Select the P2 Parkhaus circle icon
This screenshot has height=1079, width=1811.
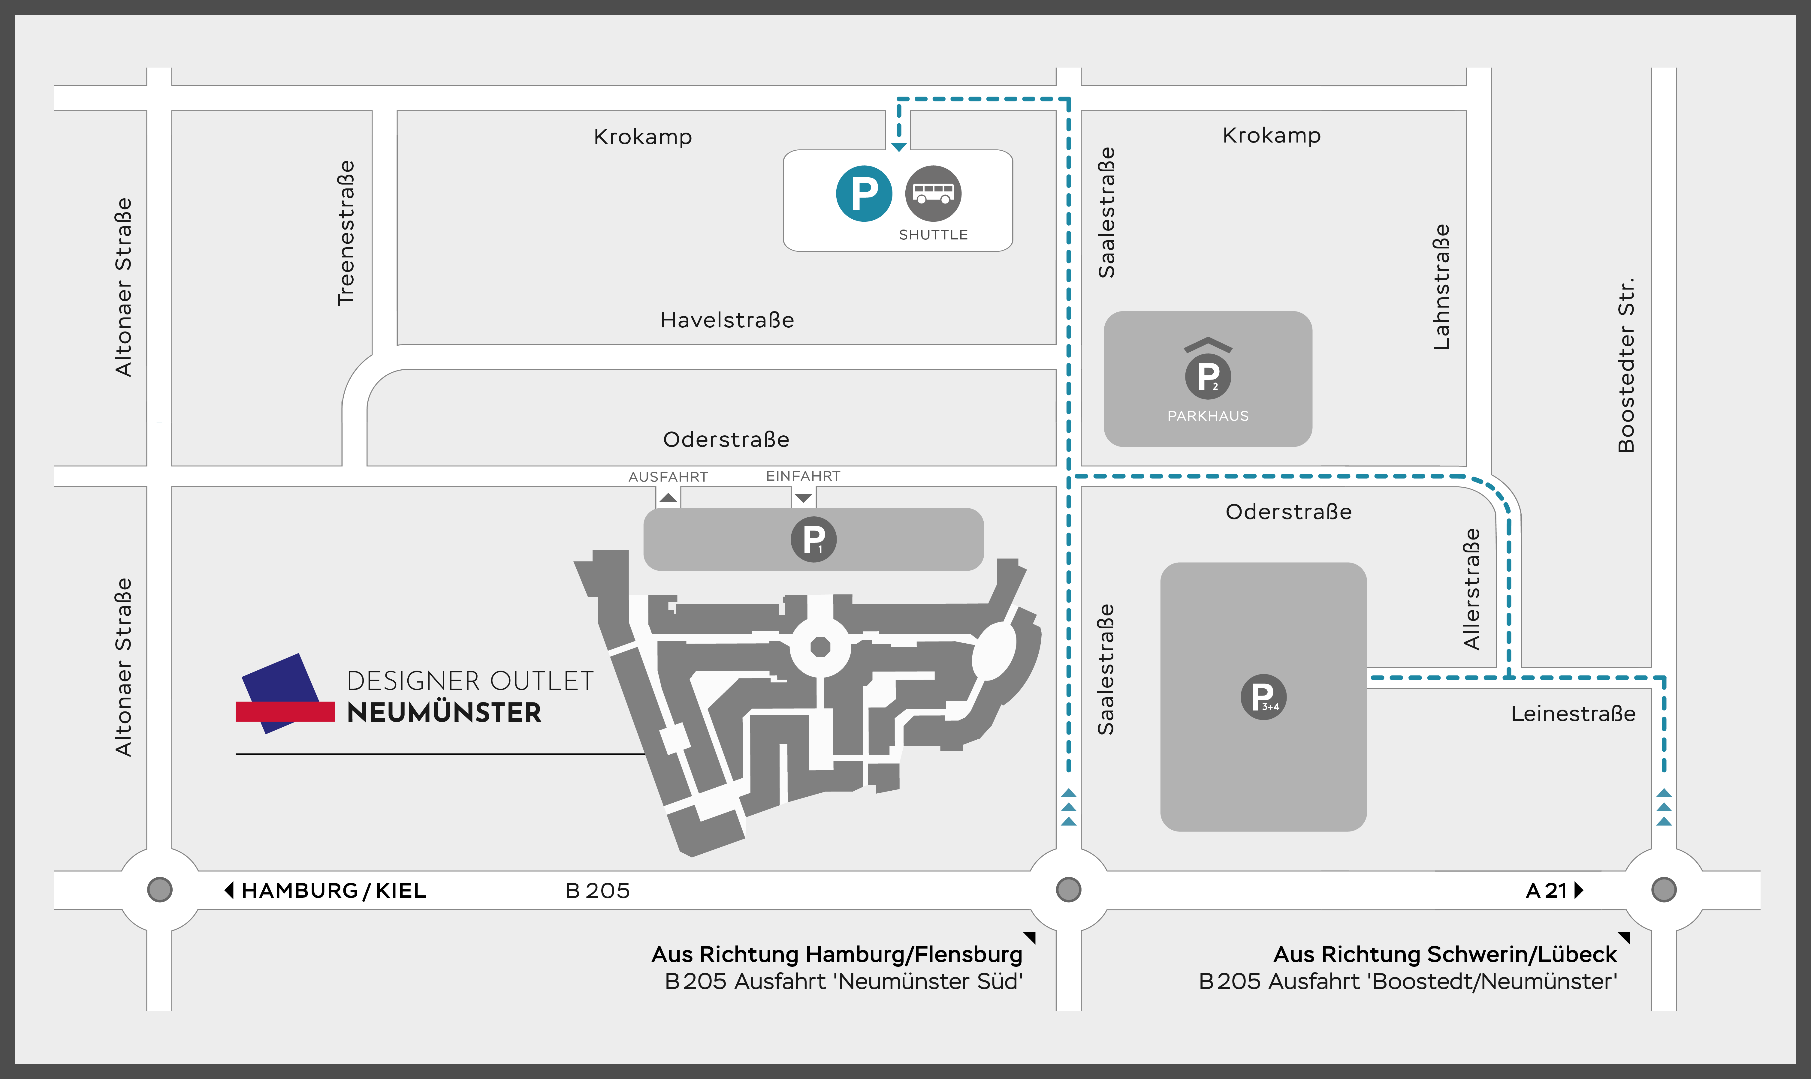[x=1208, y=376]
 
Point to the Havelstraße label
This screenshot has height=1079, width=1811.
[x=726, y=320]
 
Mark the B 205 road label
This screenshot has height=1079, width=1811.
[x=597, y=891]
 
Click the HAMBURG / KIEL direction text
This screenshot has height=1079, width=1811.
[x=334, y=891]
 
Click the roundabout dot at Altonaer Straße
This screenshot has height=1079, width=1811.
[x=159, y=889]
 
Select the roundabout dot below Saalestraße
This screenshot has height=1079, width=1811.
[x=1068, y=889]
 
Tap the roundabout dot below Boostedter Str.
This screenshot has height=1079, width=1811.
[x=1663, y=889]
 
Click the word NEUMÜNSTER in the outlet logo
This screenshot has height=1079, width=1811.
[x=444, y=713]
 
